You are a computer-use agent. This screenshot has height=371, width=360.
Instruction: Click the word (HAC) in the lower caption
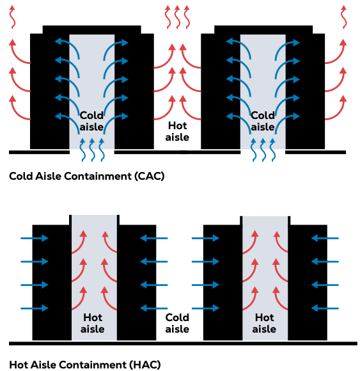[x=146, y=365]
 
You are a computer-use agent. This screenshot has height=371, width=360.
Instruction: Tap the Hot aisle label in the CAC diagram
[x=177, y=131]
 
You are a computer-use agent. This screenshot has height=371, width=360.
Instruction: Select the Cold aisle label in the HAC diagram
[x=177, y=323]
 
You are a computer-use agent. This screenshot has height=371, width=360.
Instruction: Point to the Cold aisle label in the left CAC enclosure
[x=91, y=121]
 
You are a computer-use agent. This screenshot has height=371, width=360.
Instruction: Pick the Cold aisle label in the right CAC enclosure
[x=262, y=121]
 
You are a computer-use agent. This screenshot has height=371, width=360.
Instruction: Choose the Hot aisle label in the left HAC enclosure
[x=93, y=323]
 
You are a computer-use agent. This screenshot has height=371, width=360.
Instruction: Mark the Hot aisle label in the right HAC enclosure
[x=264, y=323]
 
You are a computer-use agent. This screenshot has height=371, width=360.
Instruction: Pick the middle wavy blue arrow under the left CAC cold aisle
[x=92, y=148]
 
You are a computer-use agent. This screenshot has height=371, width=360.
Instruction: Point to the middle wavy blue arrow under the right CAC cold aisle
[x=263, y=148]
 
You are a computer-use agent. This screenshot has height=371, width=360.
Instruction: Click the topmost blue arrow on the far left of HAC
[x=34, y=239]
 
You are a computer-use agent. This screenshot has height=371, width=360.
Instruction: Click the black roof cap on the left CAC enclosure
[x=91, y=29]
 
